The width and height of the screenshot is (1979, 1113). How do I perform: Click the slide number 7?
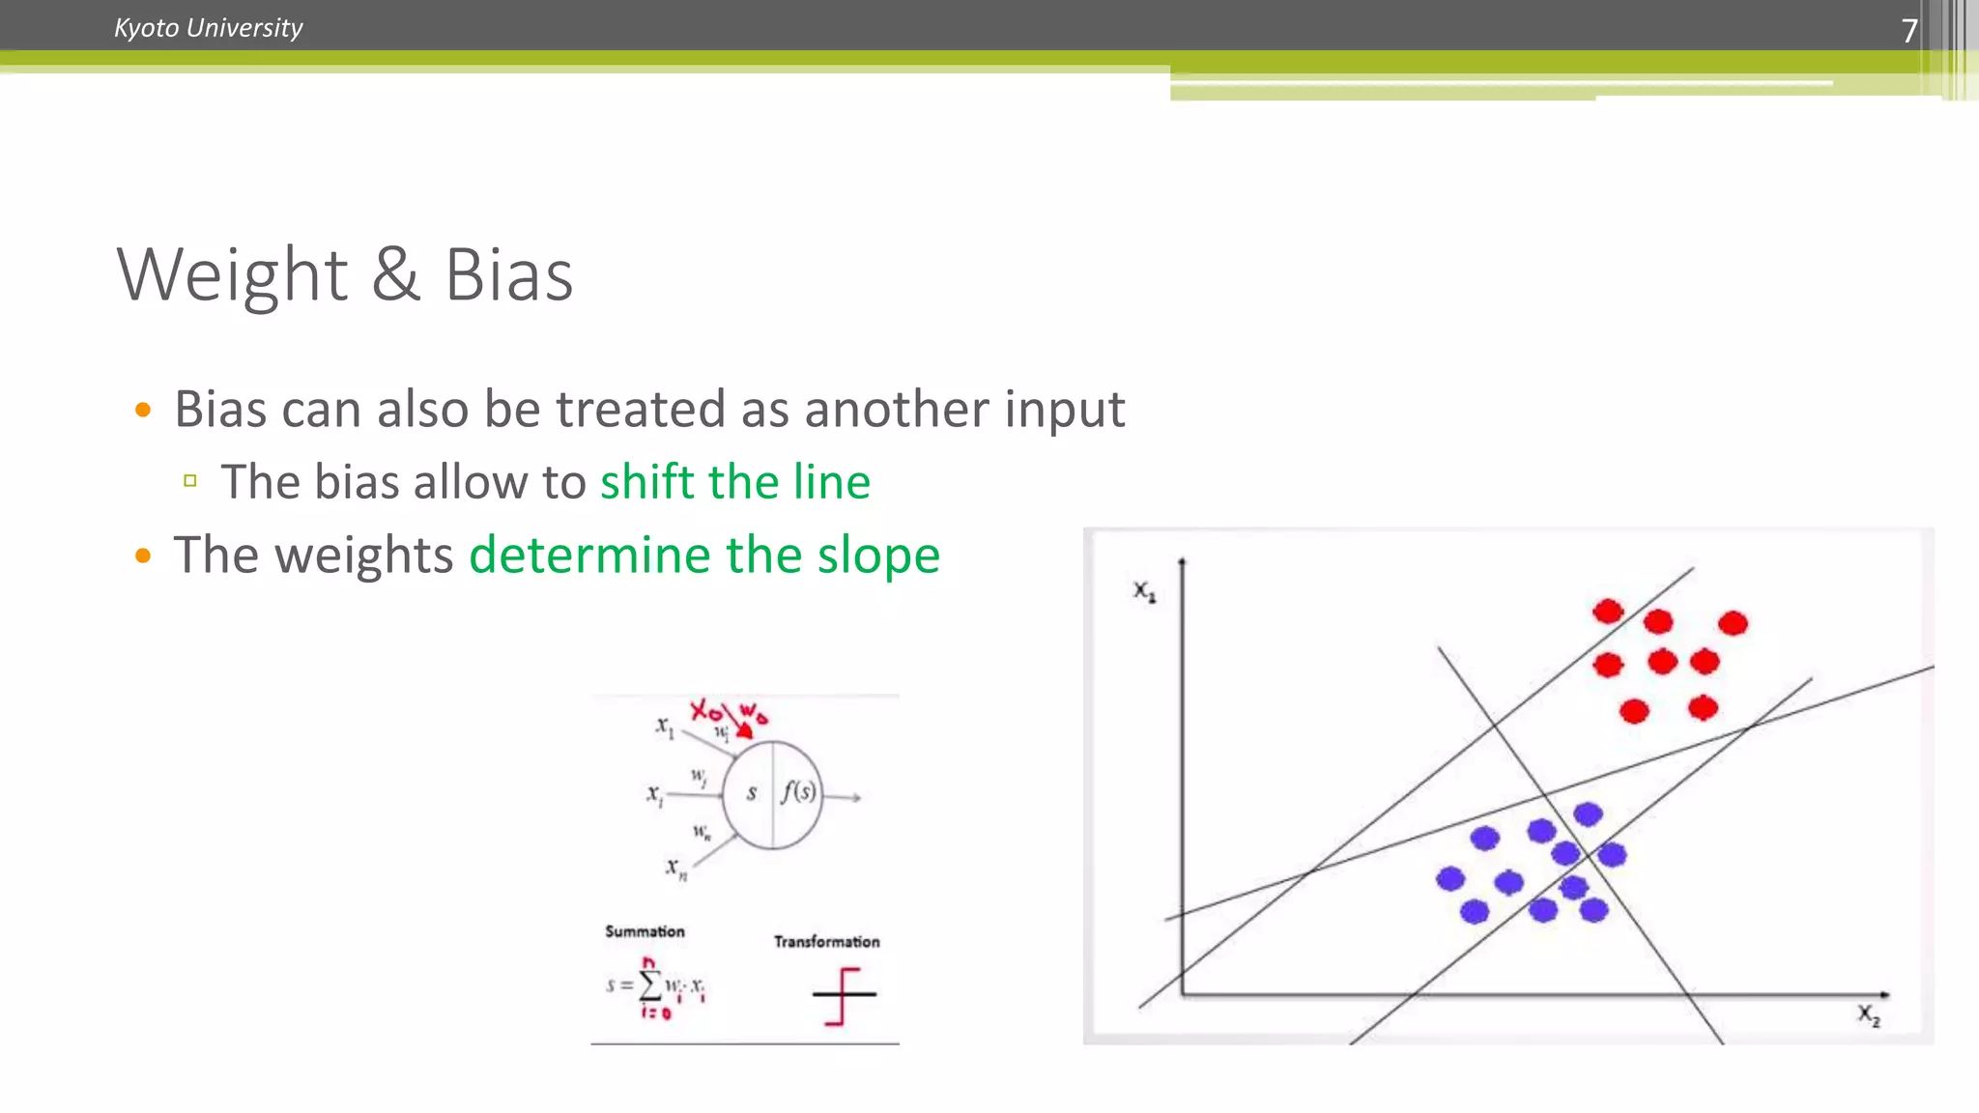pyautogui.click(x=1908, y=31)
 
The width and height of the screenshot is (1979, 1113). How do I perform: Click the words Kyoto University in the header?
pyautogui.click(x=208, y=28)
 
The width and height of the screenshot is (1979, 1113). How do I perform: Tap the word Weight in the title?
pyautogui.click(x=232, y=275)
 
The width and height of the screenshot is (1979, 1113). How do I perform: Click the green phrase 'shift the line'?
pyautogui.click(x=734, y=481)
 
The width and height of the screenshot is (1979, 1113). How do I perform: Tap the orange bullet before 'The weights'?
pyautogui.click(x=143, y=556)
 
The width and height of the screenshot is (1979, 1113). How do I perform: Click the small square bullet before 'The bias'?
pyautogui.click(x=190, y=480)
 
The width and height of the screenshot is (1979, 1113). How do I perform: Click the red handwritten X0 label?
pyautogui.click(x=705, y=711)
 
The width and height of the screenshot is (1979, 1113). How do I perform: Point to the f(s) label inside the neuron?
pyautogui.click(x=798, y=791)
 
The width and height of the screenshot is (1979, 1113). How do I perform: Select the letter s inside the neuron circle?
pyautogui.click(x=751, y=793)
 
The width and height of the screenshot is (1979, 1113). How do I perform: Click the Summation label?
pyautogui.click(x=645, y=931)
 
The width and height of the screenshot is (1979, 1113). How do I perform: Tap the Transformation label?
pyautogui.click(x=826, y=941)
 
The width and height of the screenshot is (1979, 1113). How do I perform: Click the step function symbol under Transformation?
pyautogui.click(x=844, y=995)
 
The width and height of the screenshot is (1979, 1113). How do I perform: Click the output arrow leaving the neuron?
pyautogui.click(x=843, y=797)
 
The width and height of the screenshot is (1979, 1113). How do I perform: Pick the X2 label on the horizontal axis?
pyautogui.click(x=1868, y=1014)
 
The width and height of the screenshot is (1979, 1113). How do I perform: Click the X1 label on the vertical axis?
pyautogui.click(x=1144, y=590)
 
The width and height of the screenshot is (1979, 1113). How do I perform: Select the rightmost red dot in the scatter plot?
pyautogui.click(x=1733, y=623)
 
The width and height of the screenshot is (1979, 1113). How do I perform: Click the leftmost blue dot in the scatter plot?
pyautogui.click(x=1449, y=878)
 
